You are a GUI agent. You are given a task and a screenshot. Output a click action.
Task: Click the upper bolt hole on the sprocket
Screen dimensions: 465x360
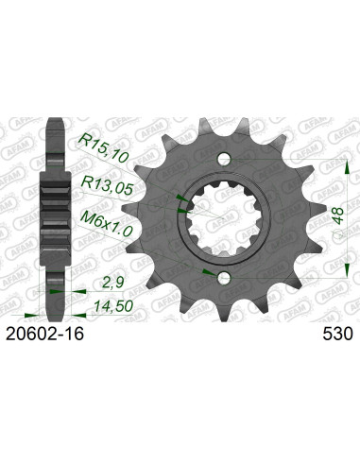pyautogui.click(x=221, y=157)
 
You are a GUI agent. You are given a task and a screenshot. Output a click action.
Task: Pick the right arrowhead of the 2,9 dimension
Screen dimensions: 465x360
pyautogui.click(x=64, y=292)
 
